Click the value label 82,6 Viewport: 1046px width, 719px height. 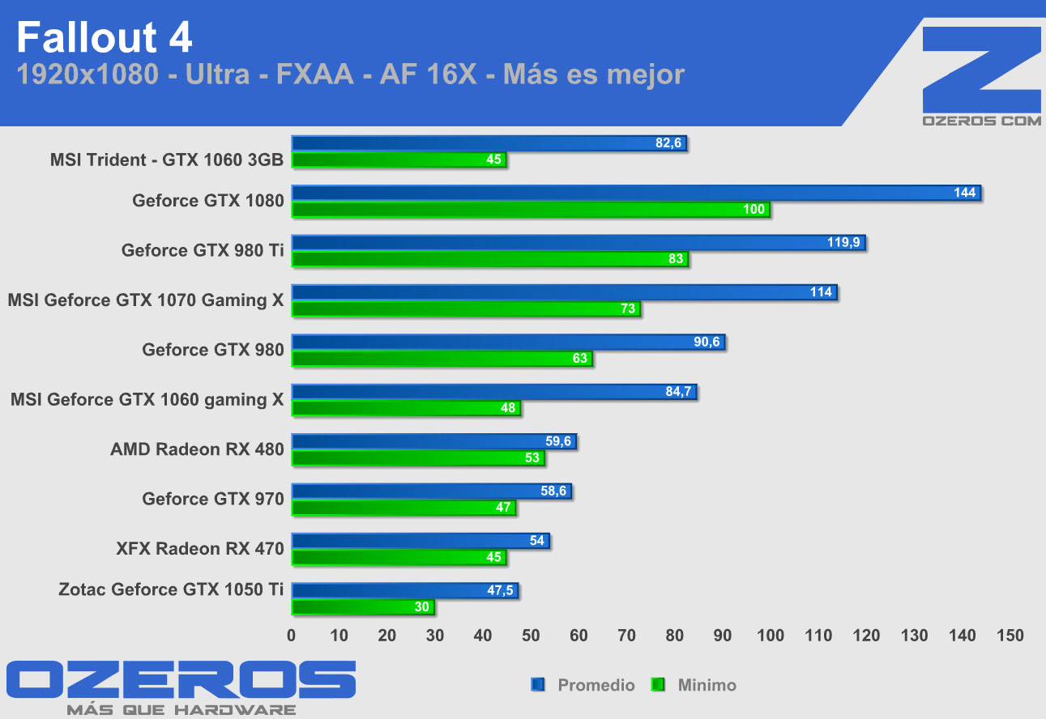[670, 143]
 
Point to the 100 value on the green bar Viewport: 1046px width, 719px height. [754, 211]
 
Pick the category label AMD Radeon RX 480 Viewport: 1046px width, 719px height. [197, 449]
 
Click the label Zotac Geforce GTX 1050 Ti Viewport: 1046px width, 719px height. [171, 589]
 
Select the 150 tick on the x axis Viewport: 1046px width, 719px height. [1010, 636]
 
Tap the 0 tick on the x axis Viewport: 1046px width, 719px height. [292, 636]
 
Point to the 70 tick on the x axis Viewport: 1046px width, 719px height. [626, 636]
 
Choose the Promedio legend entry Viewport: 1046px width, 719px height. [596, 685]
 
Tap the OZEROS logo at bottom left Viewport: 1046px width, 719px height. [180, 680]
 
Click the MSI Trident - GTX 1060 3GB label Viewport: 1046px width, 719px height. [167, 160]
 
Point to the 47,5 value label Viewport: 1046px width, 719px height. [501, 590]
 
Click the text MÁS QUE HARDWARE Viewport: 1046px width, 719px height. [181, 710]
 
